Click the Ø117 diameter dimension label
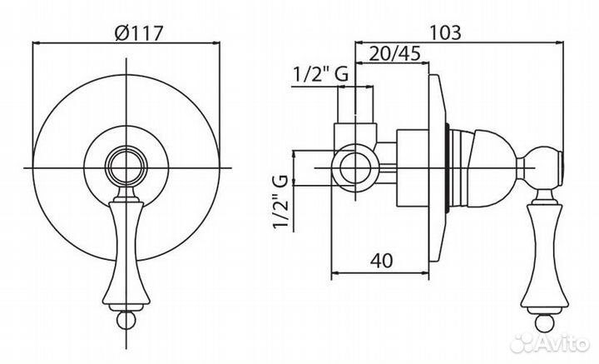coord(139,33)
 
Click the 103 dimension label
coord(445,32)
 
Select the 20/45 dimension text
coord(395,53)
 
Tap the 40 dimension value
coord(382,261)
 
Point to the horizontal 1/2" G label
coord(320,74)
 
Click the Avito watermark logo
coord(550,342)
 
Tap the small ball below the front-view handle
coord(126,321)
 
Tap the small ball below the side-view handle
coord(544,322)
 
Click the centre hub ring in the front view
coord(126,167)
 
